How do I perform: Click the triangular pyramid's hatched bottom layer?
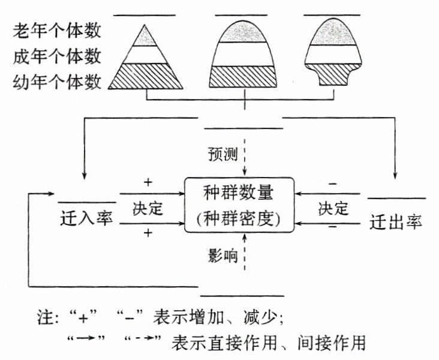click(145, 76)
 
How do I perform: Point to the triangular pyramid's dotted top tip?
click(145, 36)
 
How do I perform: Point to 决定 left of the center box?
click(148, 209)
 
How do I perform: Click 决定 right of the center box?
click(333, 209)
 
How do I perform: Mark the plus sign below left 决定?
click(148, 233)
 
